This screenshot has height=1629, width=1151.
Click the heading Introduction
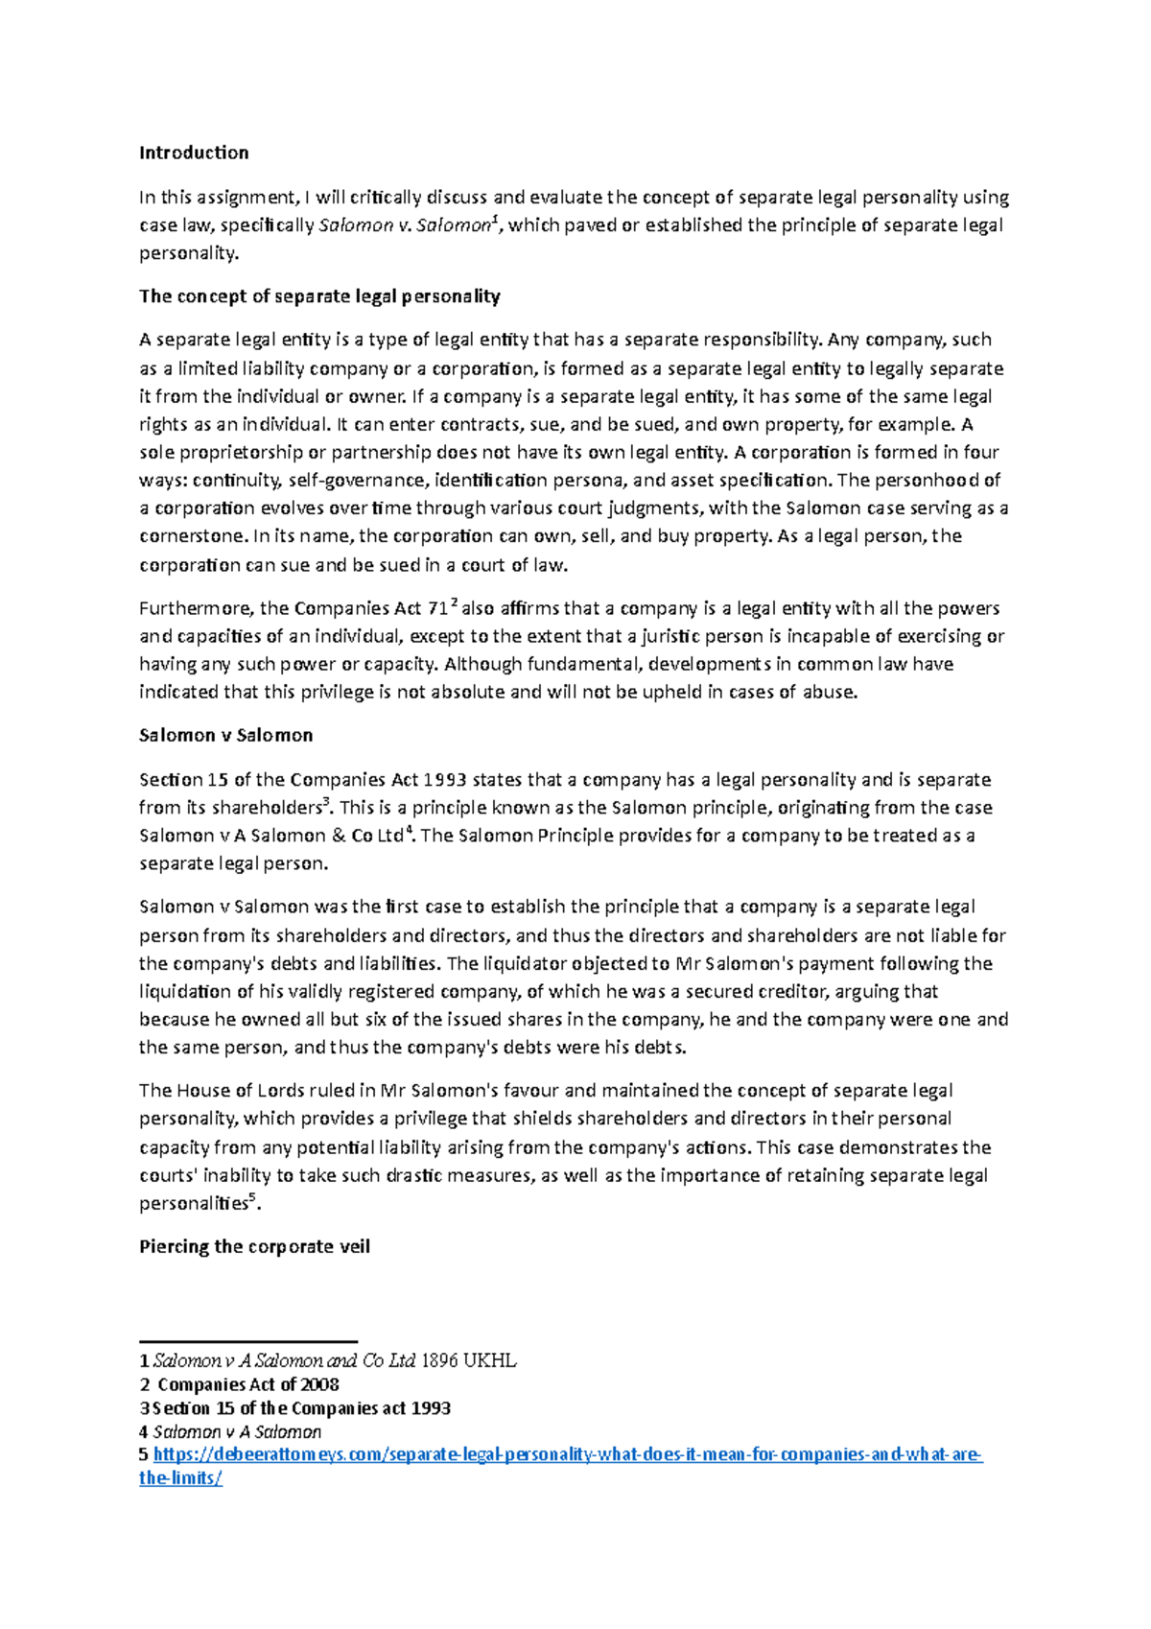pos(194,153)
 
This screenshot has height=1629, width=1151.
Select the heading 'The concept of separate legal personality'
pos(319,296)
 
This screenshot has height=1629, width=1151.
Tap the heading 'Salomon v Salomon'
pos(225,736)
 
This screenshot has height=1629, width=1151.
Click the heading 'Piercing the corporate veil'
pos(254,1247)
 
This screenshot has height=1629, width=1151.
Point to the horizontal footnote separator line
pos(248,1341)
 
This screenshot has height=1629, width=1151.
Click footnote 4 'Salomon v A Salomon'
pos(237,1432)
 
